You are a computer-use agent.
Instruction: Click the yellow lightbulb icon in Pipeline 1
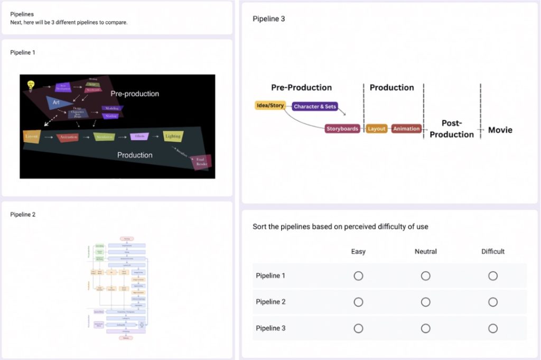[x=31, y=84]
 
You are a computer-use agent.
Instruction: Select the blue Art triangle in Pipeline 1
[x=57, y=103]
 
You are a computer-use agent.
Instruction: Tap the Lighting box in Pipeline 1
[x=173, y=136]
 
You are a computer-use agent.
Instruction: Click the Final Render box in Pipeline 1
[x=201, y=162]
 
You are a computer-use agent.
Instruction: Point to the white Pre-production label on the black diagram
[x=135, y=94]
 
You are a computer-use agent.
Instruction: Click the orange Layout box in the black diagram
[x=32, y=136]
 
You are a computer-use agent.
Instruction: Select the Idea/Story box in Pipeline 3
[x=270, y=106]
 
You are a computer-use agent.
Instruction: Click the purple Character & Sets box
[x=315, y=106]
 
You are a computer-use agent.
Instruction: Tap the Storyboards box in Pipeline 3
[x=342, y=128]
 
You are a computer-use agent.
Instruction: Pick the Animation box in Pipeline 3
[x=406, y=128]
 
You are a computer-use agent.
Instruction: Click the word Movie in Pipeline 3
[x=500, y=130]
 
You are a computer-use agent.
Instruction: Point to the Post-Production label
[x=452, y=129]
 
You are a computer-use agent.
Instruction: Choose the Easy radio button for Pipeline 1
[x=358, y=276]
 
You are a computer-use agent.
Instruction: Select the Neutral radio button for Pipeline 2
[x=426, y=302]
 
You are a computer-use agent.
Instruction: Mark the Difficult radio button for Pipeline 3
[x=493, y=328]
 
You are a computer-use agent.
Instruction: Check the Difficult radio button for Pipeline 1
[x=493, y=276]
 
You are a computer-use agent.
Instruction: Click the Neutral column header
[x=426, y=252]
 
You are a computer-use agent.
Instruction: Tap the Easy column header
[x=358, y=252]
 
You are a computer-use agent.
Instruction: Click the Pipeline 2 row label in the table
[x=270, y=302]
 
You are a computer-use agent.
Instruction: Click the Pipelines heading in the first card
[x=22, y=14]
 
